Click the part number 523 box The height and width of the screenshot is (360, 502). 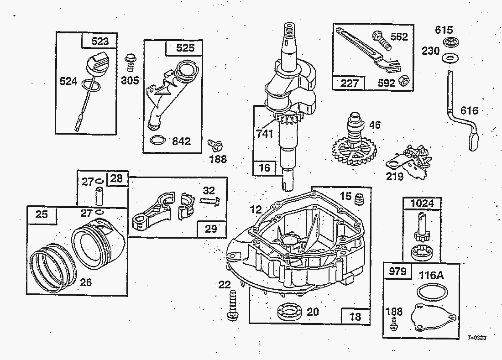(100, 41)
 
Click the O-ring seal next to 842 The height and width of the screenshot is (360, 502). (157, 140)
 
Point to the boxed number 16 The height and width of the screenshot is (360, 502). (264, 167)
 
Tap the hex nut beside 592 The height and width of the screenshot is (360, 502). (403, 81)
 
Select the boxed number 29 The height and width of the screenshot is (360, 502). (211, 228)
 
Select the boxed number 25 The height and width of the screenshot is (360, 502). (42, 214)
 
